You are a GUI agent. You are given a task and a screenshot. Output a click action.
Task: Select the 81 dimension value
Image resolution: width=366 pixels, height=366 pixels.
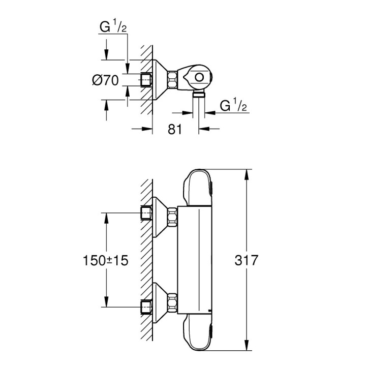point(174,129)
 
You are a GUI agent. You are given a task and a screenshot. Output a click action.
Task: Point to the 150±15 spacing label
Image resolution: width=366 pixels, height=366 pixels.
point(105,260)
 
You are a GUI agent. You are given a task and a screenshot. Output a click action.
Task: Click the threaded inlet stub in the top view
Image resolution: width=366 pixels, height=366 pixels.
point(147,80)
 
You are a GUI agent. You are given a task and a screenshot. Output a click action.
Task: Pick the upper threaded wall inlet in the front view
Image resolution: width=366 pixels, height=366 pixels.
point(146,213)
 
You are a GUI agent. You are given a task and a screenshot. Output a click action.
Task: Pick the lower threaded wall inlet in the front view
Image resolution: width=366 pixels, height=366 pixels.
point(146,307)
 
